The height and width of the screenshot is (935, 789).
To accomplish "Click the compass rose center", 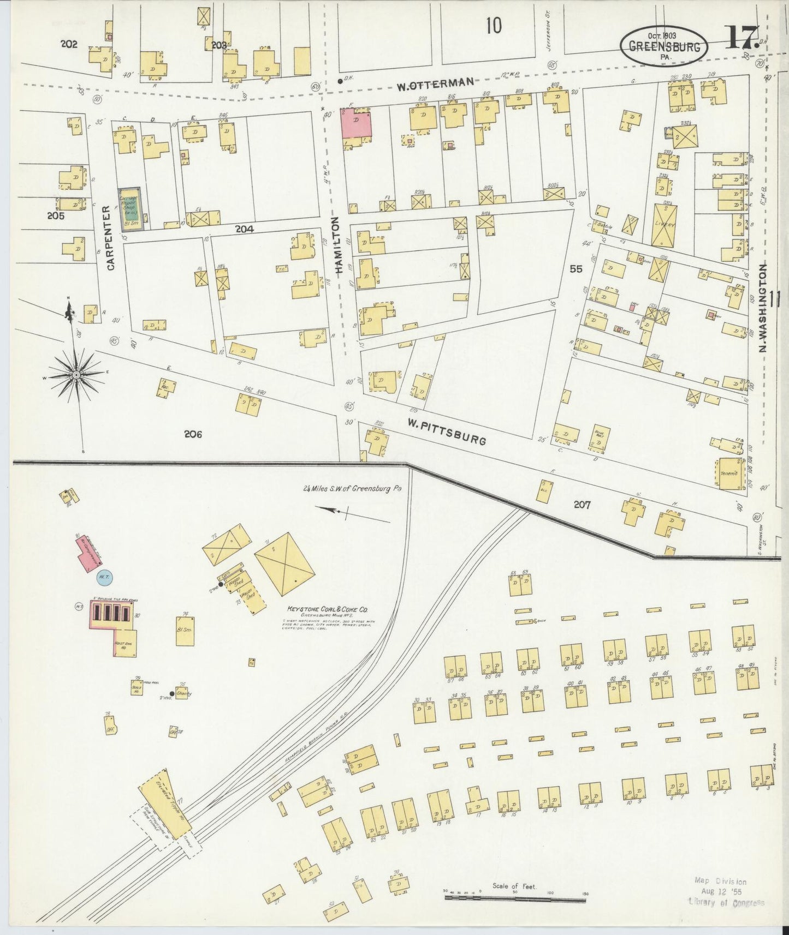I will [x=76, y=375].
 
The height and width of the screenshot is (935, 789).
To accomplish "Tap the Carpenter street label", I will [x=111, y=238].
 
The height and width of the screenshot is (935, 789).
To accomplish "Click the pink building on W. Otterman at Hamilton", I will [x=356, y=123].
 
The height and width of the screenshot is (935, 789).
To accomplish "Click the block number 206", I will [x=193, y=434].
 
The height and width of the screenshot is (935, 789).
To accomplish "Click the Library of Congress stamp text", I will [x=726, y=903].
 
